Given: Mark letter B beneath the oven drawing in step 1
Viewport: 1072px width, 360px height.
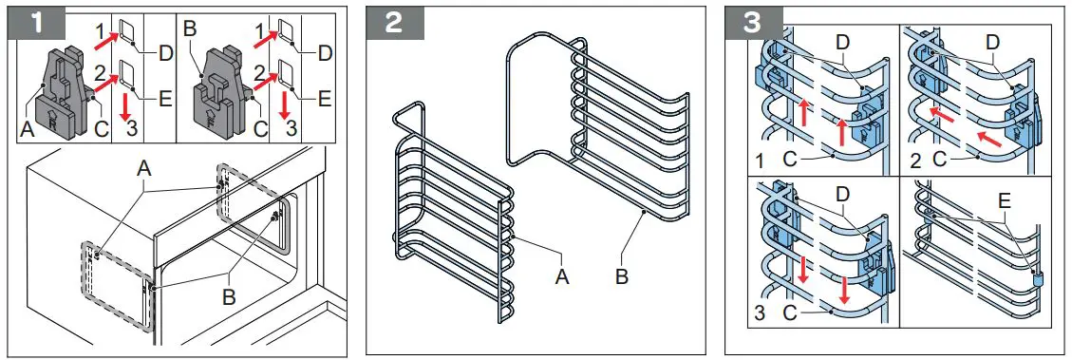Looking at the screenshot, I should pyautogui.click(x=228, y=296).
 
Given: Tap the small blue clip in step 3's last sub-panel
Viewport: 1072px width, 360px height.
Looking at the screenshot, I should pyautogui.click(x=1037, y=278).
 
